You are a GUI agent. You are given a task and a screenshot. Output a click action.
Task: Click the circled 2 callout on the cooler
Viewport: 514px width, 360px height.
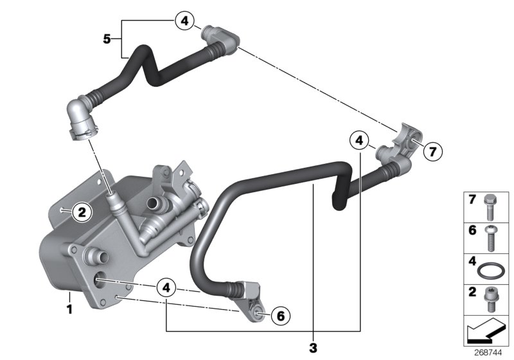pos(82,210)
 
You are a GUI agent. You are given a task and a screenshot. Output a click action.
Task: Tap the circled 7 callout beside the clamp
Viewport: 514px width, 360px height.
pos(432,152)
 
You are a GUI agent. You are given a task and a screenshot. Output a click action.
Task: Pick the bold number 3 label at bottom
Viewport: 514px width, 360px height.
pos(313,348)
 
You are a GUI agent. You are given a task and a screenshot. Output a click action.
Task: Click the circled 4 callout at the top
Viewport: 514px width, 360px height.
pos(184,21)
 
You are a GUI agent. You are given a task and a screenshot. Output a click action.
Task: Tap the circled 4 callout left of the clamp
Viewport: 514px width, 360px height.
pos(360,139)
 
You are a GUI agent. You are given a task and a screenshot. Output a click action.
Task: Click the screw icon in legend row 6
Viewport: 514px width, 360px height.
pos(492,237)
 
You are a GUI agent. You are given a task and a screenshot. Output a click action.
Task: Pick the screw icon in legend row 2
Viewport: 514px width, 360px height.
pos(492,298)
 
